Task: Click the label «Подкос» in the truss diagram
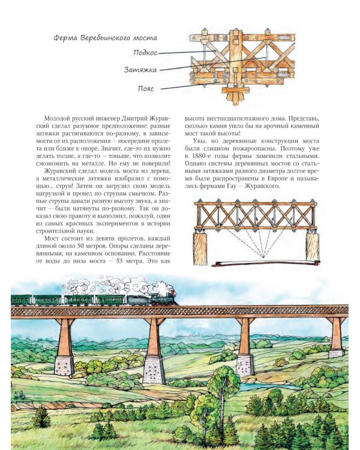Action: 146,52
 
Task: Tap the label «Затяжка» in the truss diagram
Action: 140,70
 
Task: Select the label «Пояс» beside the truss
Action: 146,88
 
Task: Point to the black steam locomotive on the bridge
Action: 163,298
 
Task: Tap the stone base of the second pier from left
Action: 154,370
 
